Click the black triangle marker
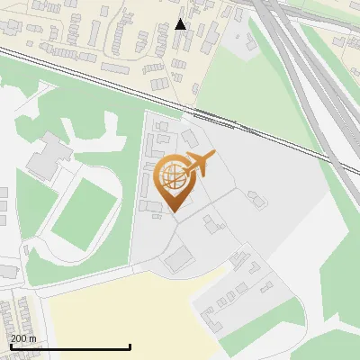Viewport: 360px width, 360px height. tap(181, 24)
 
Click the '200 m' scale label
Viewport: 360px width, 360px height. tap(23, 337)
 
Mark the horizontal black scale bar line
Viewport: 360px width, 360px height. tap(70, 346)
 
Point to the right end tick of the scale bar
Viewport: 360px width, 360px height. tap(130, 346)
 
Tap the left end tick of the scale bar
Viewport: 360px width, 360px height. tap(10, 346)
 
